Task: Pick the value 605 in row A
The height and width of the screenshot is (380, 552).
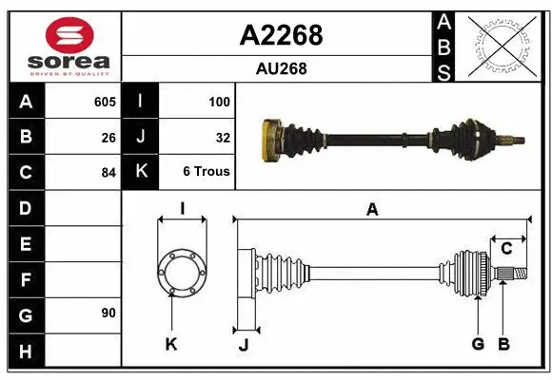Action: (105, 102)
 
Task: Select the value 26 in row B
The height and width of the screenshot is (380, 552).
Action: (108, 137)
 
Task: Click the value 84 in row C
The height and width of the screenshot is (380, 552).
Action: (108, 173)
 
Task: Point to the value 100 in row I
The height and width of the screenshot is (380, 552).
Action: (219, 102)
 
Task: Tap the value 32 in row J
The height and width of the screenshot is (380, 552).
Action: (223, 137)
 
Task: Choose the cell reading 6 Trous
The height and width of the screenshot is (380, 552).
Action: (207, 173)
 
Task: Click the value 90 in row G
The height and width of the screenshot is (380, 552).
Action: (108, 313)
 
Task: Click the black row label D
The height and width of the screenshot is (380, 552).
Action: (26, 208)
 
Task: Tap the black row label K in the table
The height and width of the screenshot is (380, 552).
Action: (141, 173)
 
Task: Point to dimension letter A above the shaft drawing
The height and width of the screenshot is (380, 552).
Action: (372, 210)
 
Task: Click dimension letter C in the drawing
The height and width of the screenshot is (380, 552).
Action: (506, 249)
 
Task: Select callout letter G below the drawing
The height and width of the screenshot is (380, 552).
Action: (478, 344)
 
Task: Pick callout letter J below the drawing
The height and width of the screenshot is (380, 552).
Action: (243, 345)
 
